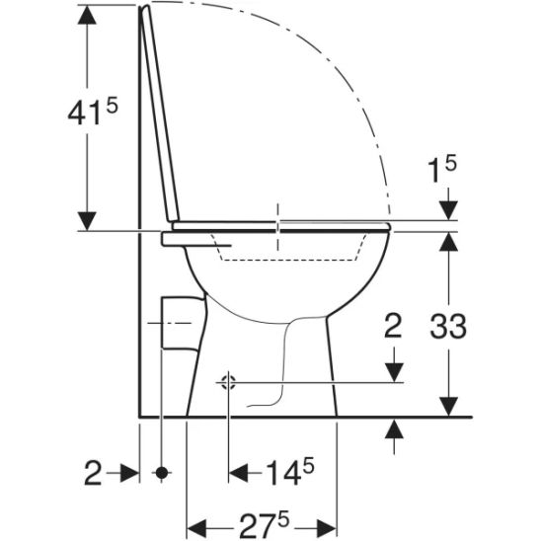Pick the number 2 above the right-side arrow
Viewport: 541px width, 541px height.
(394, 328)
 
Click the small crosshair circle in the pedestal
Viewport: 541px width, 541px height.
(228, 382)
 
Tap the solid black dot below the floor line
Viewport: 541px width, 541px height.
(161, 474)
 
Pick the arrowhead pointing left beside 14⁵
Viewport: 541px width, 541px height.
(240, 474)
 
